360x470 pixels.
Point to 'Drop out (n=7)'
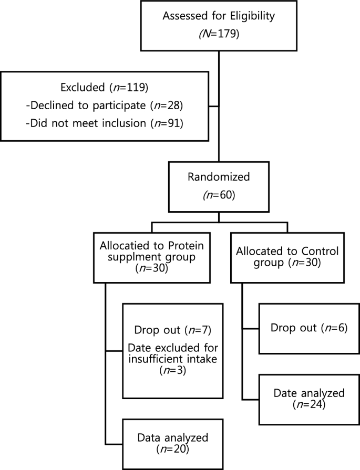(x=166, y=331)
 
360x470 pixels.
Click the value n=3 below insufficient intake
(x=166, y=371)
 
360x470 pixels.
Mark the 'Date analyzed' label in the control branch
(x=308, y=392)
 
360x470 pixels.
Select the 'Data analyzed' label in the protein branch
(x=166, y=437)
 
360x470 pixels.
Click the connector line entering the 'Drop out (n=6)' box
(x=251, y=329)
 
